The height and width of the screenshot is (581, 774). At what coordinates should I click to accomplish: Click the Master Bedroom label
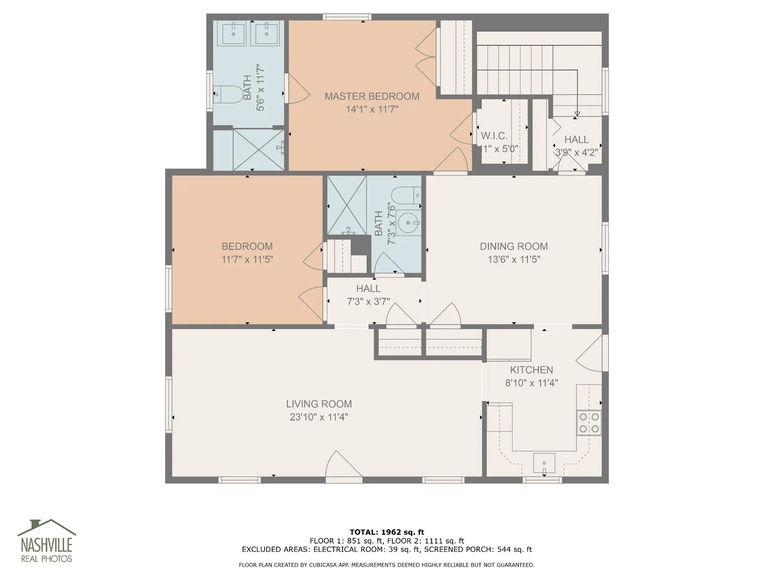372,96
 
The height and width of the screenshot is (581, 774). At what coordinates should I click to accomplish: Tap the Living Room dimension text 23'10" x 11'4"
319,417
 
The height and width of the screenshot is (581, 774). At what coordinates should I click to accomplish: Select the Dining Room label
514,246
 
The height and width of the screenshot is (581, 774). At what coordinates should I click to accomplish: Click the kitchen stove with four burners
589,423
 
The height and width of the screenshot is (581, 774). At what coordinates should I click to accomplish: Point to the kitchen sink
544,463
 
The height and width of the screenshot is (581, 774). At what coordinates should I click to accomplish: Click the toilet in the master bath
228,95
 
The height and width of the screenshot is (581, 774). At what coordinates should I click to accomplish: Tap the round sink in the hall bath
409,223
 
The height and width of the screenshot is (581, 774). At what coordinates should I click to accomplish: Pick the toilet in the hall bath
406,195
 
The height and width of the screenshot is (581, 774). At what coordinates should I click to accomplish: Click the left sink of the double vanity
234,33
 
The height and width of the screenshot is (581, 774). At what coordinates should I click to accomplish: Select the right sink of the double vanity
267,33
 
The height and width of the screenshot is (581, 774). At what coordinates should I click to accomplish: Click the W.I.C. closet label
494,136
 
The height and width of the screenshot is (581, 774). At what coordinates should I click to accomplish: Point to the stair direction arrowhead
577,114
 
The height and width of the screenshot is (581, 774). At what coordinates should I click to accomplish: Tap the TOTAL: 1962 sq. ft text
387,532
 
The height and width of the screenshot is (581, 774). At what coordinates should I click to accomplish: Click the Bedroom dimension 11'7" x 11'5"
248,259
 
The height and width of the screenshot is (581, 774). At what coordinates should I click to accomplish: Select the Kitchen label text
531,370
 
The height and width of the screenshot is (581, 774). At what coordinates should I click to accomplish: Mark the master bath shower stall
258,150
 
